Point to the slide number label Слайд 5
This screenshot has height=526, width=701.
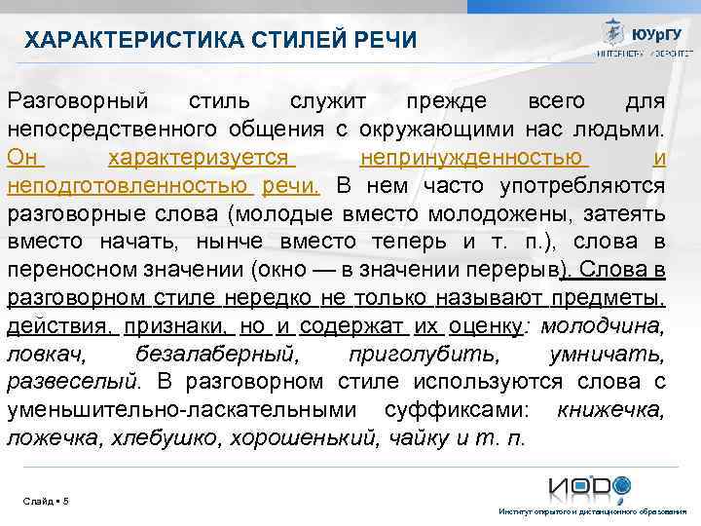46,501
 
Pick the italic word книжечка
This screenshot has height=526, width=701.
610,410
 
